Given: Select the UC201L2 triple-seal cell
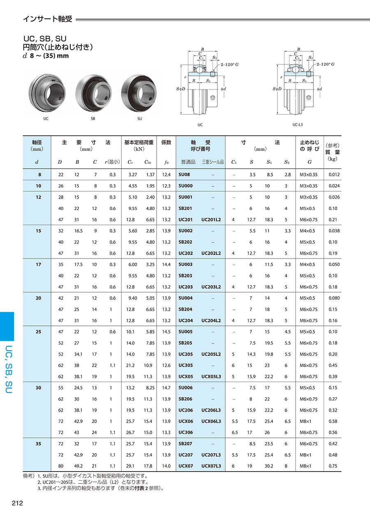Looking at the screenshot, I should click(x=211, y=220).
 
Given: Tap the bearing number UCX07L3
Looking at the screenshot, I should click(x=211, y=466).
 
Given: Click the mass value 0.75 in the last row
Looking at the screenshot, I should click(x=333, y=466).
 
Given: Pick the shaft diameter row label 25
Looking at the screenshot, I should click(x=38, y=332).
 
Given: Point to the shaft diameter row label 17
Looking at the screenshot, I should click(x=38, y=264).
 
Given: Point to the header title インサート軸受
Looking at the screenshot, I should click(x=47, y=19).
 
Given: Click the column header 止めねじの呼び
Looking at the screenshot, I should click(x=310, y=145).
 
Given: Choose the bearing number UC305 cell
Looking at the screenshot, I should click(x=185, y=365).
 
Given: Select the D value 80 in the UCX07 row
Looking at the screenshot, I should click(x=61, y=466).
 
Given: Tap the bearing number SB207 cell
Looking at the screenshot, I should click(x=185, y=444).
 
